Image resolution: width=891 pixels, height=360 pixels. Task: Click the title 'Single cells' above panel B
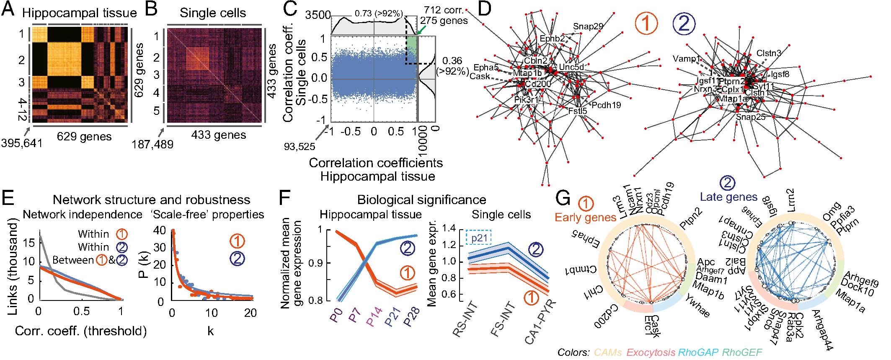[213, 13]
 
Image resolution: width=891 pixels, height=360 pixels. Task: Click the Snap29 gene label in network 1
[588, 26]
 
